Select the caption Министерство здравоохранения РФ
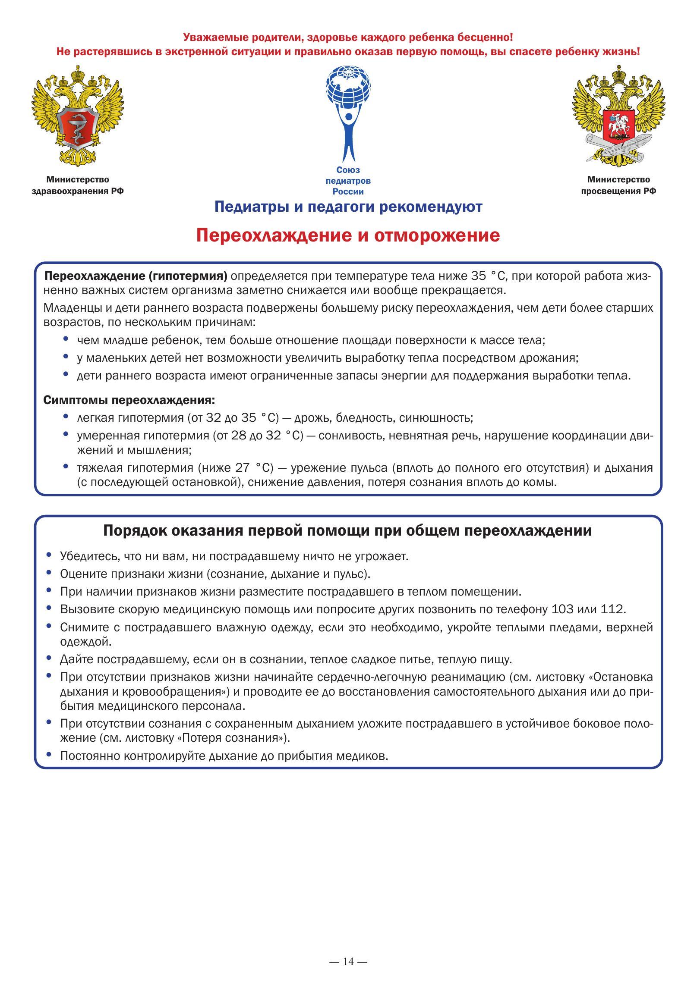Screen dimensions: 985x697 [78, 185]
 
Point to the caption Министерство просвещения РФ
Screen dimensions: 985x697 [618, 185]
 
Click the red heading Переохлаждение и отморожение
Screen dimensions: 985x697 [348, 236]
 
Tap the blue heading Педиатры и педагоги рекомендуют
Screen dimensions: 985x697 [348, 207]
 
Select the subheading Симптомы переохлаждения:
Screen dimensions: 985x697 [129, 400]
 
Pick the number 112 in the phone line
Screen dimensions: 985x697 [612, 609]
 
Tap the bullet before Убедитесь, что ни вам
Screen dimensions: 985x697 [49, 555]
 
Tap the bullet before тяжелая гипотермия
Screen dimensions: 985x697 [66, 467]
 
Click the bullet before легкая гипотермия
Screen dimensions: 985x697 [66, 417]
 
